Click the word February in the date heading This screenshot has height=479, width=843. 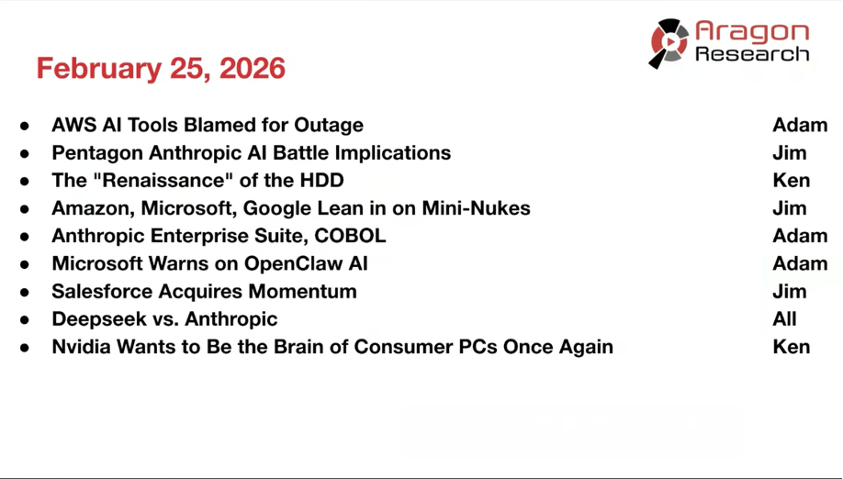99,69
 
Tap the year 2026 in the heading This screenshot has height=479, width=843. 253,68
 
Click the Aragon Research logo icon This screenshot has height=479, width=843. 669,43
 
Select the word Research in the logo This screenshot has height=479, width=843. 751,54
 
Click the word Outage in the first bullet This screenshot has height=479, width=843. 329,126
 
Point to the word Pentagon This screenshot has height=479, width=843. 97,153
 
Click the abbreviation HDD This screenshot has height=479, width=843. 322,181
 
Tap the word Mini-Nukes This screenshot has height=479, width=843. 476,207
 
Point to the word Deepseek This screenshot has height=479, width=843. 98,319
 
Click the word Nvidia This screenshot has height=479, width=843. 82,347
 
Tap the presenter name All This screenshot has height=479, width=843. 784,319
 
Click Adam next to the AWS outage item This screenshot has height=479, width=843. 800,125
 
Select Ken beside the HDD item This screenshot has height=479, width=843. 792,181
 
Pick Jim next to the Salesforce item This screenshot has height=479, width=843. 789,291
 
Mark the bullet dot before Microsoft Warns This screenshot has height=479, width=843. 25,264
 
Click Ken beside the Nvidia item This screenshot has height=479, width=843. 792,347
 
